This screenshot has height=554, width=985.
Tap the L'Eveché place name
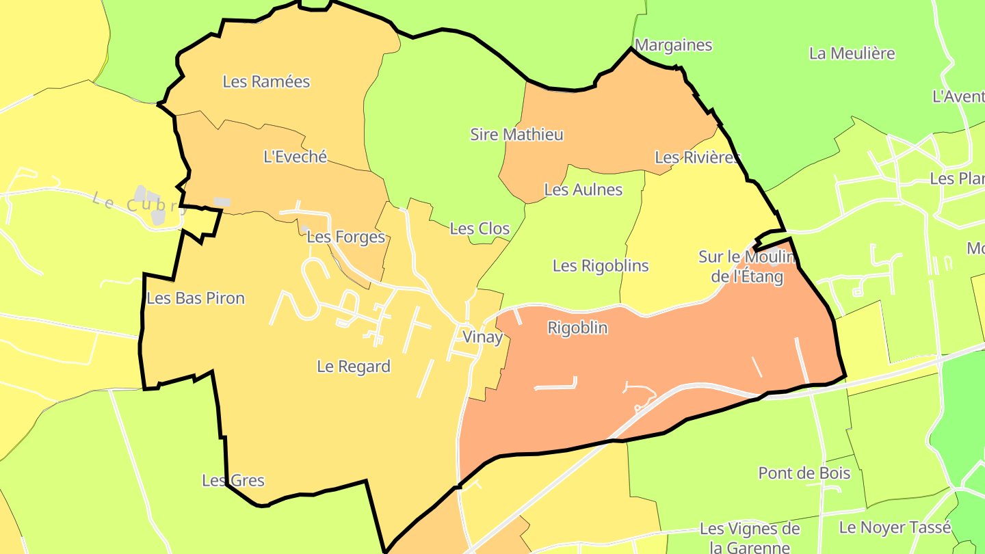[295, 157]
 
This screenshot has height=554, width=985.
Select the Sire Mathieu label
[516, 134]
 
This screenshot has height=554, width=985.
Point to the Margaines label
[673, 45]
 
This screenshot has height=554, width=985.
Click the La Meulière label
[852, 53]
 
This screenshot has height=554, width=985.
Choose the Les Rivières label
[697, 157]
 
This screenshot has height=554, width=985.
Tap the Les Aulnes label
[583, 189]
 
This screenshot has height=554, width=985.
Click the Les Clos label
[480, 228]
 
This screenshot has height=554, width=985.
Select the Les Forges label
[345, 237]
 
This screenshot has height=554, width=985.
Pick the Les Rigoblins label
[601, 265]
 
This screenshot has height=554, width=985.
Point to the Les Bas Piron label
[196, 298]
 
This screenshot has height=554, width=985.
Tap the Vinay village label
[482, 337]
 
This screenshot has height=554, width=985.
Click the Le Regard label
[354, 367]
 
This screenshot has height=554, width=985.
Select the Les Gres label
[233, 481]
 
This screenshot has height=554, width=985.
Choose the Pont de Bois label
[804, 473]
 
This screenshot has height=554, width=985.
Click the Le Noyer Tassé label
[895, 527]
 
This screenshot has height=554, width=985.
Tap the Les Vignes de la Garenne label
[750, 538]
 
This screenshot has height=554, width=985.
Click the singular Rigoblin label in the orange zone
[577, 328]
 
